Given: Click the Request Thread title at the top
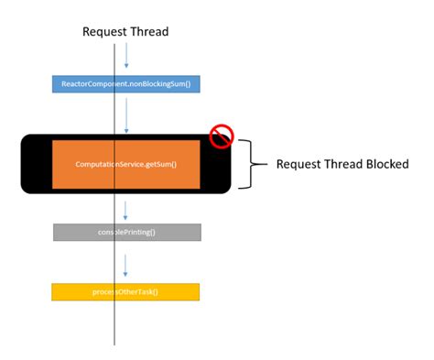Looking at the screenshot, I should coord(125,32).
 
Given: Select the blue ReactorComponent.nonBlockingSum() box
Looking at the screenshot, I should coord(126,84).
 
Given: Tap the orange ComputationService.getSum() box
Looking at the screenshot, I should coord(125,164).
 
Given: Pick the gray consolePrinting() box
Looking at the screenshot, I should coord(126,232).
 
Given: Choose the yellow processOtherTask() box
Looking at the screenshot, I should coord(125,291).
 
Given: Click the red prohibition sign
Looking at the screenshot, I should coord(222,137).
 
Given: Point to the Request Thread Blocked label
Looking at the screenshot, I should coord(342,164).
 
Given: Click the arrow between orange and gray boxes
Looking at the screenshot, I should coord(126,209).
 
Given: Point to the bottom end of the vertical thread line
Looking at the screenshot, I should coord(114,343).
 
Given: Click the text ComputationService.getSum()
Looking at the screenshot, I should coord(125,164).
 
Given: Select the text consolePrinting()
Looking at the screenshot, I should coord(126,232).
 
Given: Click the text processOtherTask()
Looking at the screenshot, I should coord(125,291).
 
